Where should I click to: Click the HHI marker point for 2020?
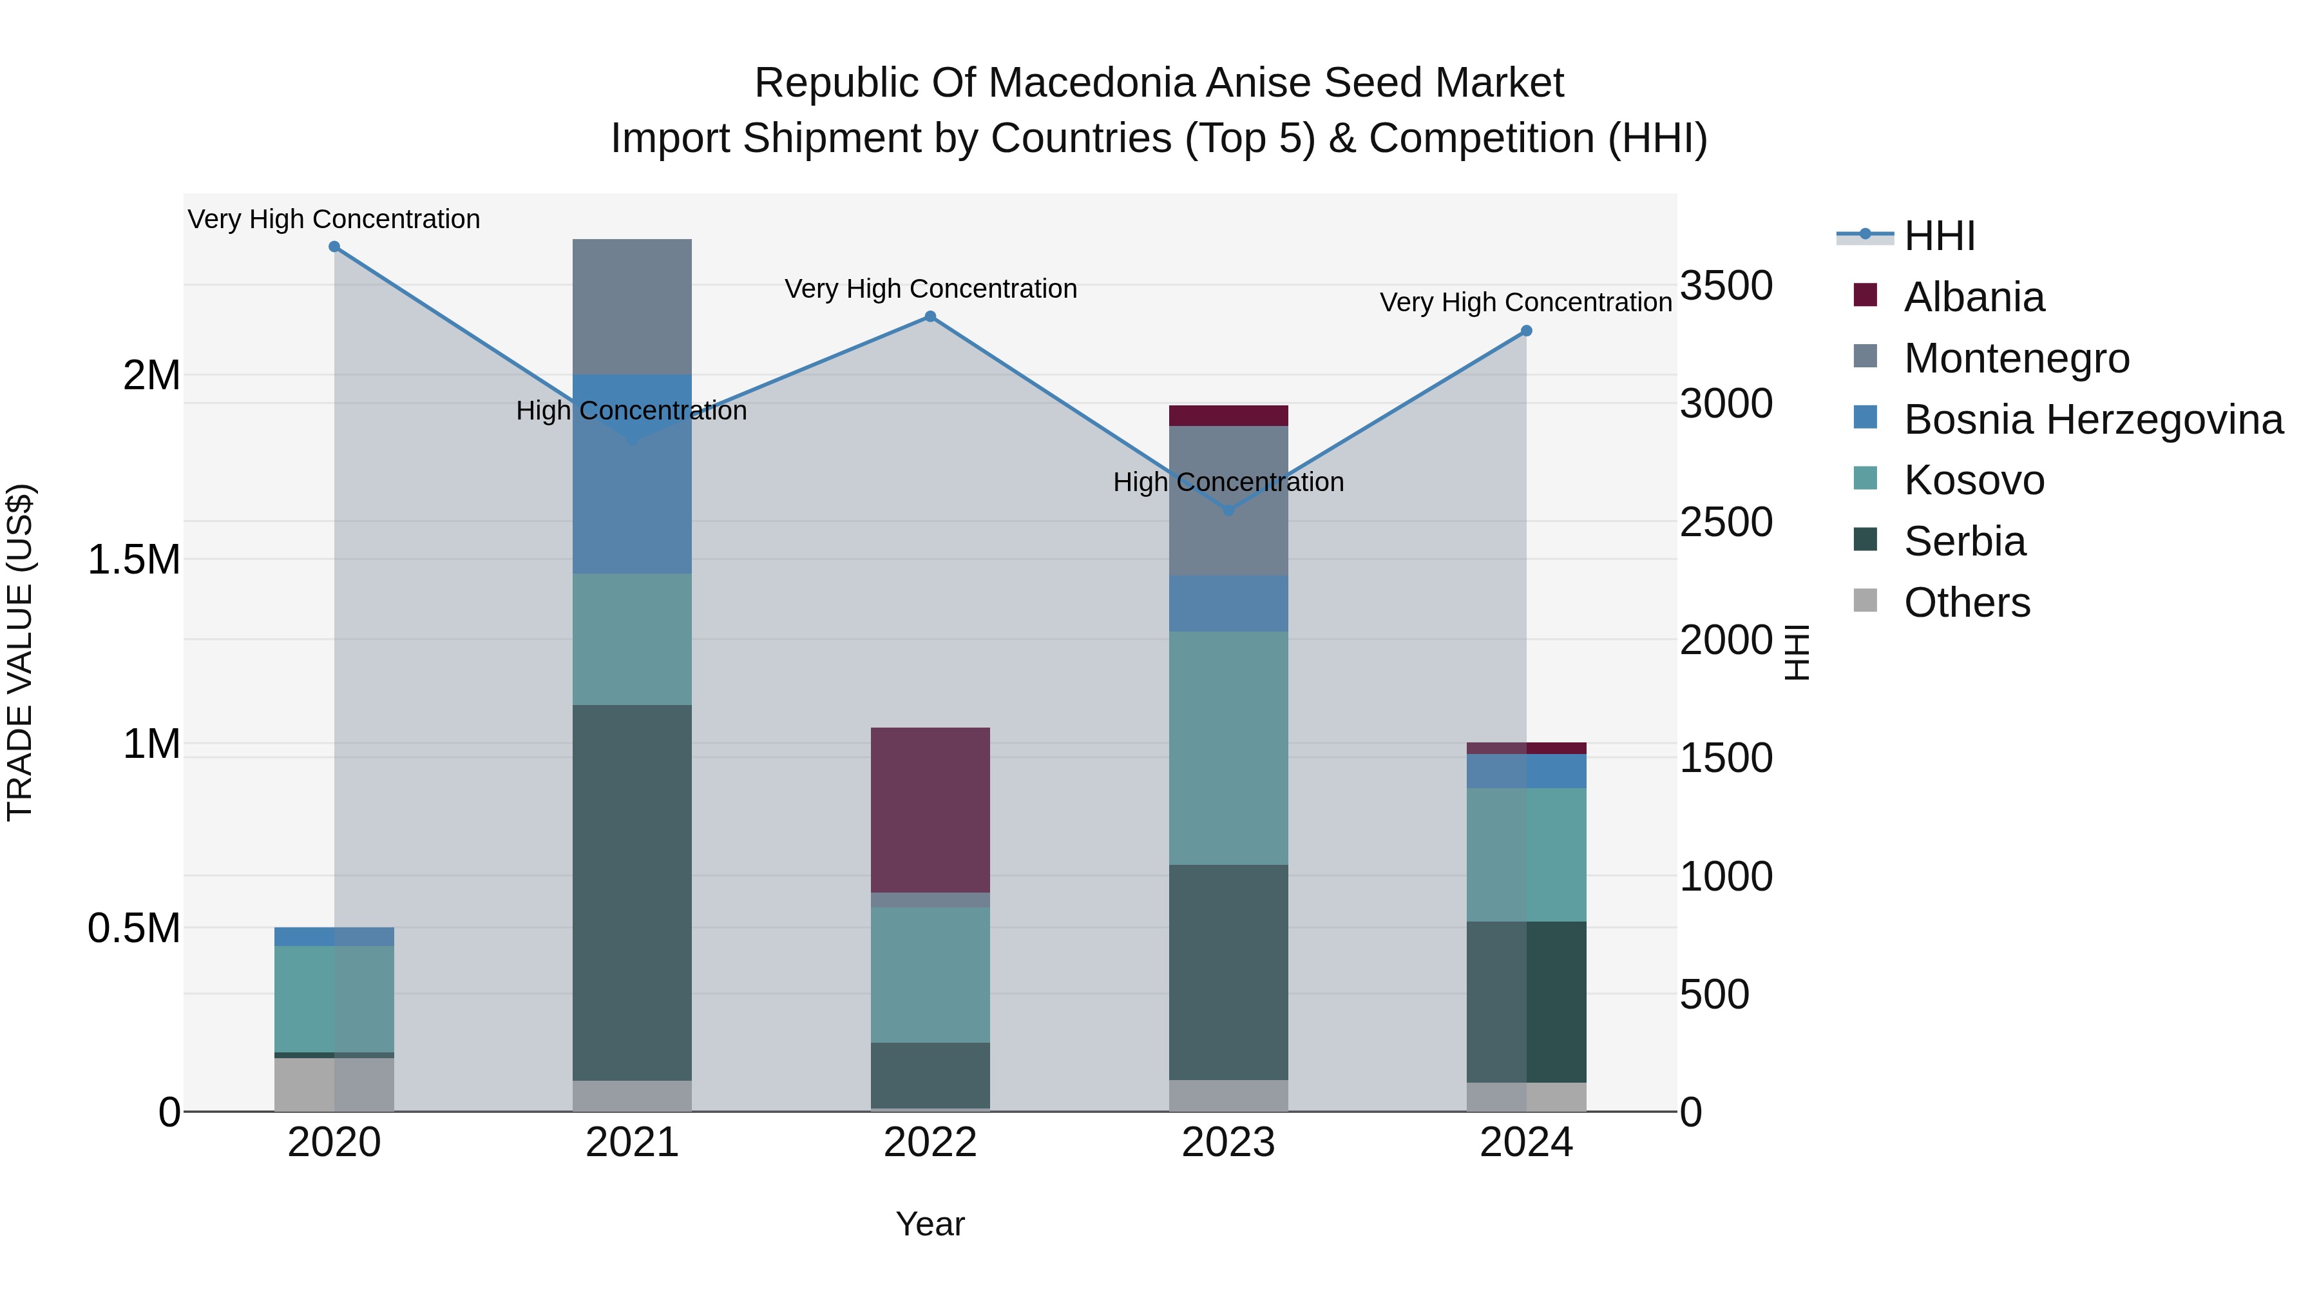click(x=334, y=247)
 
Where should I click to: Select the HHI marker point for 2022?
click(x=930, y=317)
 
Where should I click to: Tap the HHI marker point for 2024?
click(x=1526, y=331)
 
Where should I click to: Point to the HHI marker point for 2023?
click(x=1229, y=510)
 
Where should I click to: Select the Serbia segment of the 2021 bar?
click(x=632, y=892)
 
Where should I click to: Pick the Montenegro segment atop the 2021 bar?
click(x=632, y=306)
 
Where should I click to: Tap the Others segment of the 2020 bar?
click(x=334, y=1085)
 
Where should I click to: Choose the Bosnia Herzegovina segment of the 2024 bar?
click(x=1526, y=771)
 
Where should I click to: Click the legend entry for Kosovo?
click(x=1973, y=480)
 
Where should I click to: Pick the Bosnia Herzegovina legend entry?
click(x=2093, y=420)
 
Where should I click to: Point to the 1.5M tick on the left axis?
click(x=133, y=560)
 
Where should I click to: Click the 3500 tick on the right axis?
click(x=1726, y=285)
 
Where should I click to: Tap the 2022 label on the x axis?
click(x=930, y=1143)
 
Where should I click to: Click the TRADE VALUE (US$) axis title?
click(x=20, y=652)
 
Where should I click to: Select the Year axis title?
click(x=930, y=1224)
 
